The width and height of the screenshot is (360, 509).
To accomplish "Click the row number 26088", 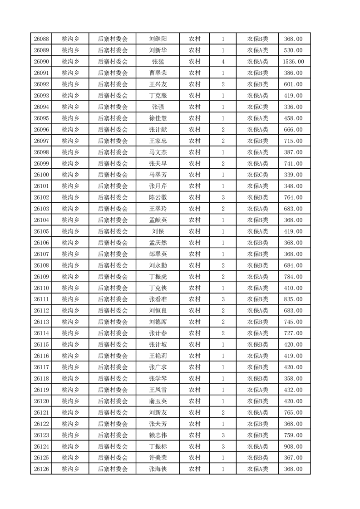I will tap(41, 39).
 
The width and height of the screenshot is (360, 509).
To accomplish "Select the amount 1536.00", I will tap(293, 62).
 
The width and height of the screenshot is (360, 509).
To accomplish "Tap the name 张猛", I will tap(158, 62).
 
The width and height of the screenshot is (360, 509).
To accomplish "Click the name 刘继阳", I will tap(158, 39).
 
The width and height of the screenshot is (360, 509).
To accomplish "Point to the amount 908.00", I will tap(293, 446).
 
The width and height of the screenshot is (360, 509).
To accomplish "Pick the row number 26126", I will tap(41, 469).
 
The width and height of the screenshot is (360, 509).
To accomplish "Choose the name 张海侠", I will tap(158, 469).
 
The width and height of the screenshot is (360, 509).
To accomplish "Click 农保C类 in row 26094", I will tap(257, 107).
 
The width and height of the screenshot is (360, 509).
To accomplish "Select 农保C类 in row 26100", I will tap(257, 175).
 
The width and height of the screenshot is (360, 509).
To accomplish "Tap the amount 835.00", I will tap(293, 299).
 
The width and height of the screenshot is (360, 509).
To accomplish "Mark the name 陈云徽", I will tap(158, 197).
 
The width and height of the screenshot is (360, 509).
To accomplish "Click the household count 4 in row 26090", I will tap(223, 62).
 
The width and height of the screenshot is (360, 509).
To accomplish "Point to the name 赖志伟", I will tap(158, 435).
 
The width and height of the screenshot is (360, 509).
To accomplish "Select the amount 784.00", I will tap(293, 277).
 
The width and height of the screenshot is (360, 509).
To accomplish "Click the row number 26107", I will tap(41, 254).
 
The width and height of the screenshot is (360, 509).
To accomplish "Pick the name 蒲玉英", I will tap(158, 401).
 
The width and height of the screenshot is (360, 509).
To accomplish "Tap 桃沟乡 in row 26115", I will tap(70, 345).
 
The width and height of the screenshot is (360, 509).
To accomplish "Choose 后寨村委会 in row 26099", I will tap(113, 163).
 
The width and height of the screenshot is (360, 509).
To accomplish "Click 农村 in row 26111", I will tap(195, 299).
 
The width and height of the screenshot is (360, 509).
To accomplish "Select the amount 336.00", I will tap(293, 107).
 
